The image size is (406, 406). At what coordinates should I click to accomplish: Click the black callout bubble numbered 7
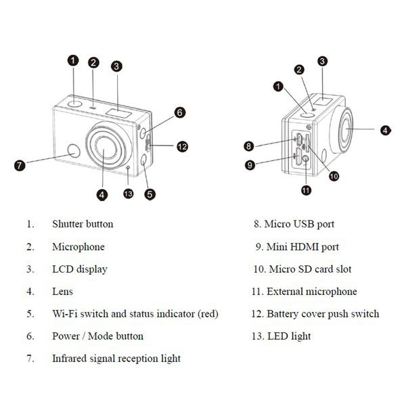[x=20, y=165]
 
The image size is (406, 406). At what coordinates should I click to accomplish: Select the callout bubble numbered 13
[x=129, y=194]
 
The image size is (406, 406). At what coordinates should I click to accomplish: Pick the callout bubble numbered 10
[x=334, y=176]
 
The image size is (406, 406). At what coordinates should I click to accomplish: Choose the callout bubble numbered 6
[x=179, y=112]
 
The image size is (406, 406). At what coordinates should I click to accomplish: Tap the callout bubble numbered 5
[x=150, y=194]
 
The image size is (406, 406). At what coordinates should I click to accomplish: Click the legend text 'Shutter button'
[x=83, y=224]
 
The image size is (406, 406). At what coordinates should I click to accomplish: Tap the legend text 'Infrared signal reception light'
[x=116, y=359]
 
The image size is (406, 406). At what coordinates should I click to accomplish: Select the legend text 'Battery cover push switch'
[x=323, y=314]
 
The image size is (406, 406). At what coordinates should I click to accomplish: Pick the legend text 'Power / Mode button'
[x=97, y=336]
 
